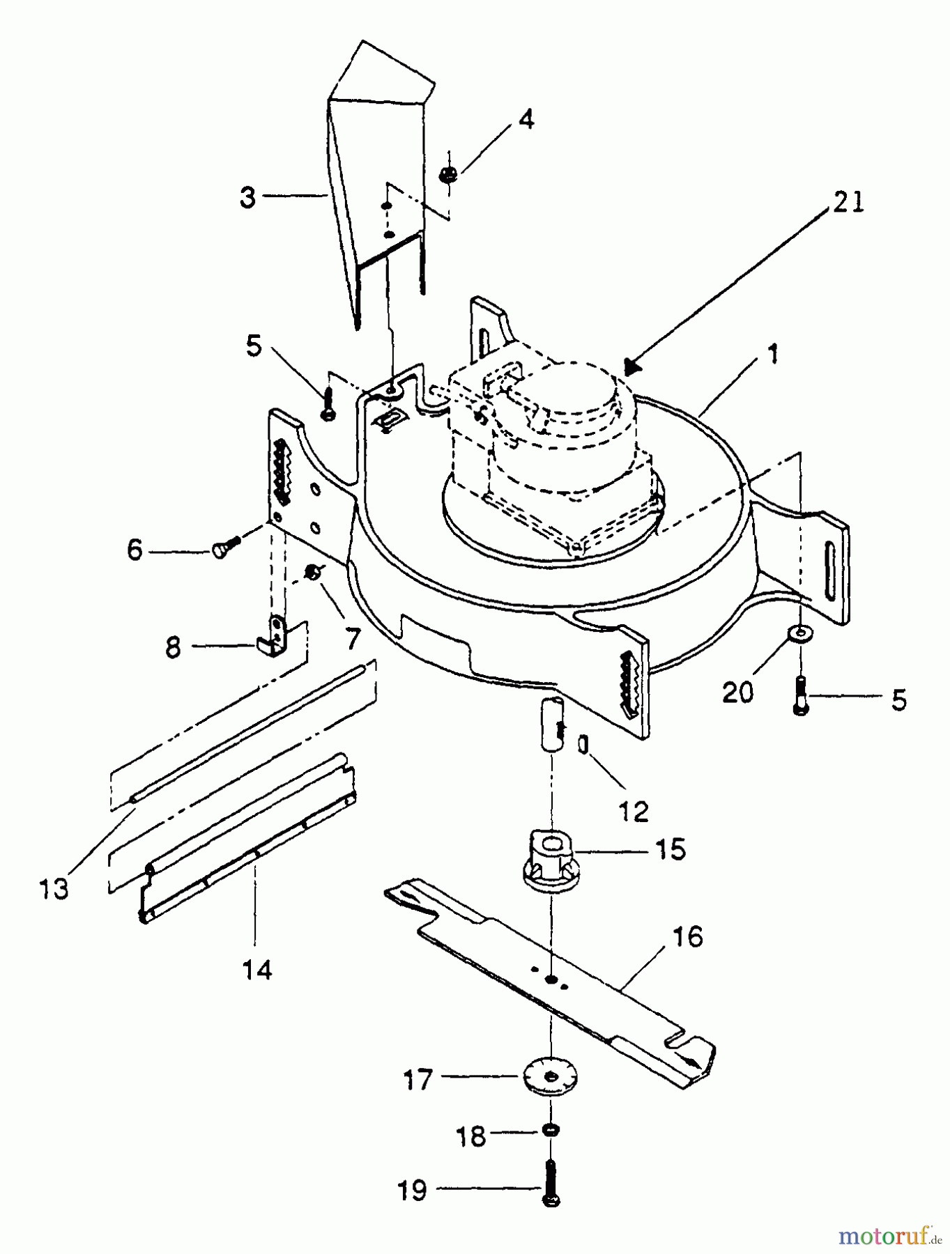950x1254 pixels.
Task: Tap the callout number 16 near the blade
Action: (688, 937)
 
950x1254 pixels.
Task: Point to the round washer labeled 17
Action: (551, 1078)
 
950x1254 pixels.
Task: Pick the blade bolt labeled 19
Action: (551, 1184)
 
